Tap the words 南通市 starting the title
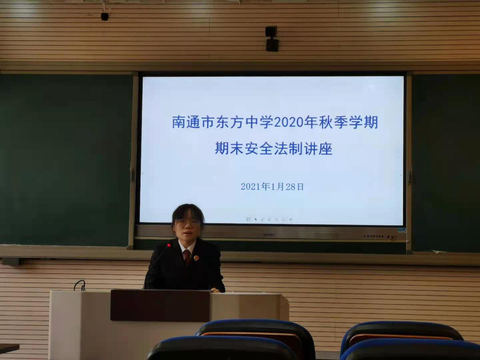(x=193, y=122)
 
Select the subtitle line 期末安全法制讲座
(x=274, y=149)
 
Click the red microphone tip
(x=169, y=246)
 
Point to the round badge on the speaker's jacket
(x=196, y=258)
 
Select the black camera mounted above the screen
(x=272, y=39)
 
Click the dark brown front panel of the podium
(x=160, y=305)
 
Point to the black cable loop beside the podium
(x=80, y=285)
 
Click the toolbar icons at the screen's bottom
(x=269, y=219)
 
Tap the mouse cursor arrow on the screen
(x=256, y=219)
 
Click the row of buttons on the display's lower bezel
(x=374, y=236)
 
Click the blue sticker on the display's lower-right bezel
(x=402, y=230)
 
